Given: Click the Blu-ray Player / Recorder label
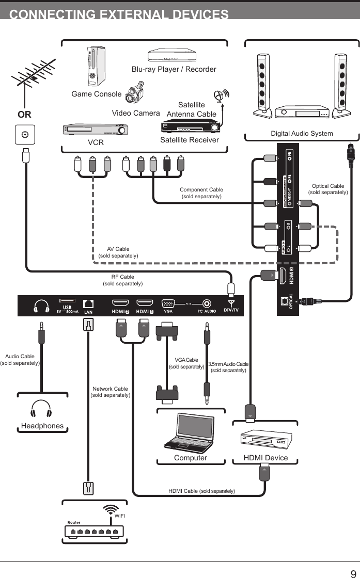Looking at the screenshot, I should (174, 69).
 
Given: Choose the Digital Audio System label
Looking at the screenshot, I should (302, 134).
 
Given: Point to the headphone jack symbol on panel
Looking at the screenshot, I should (41, 307).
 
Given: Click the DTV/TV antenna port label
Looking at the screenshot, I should (231, 310).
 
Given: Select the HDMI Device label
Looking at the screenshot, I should (265, 458).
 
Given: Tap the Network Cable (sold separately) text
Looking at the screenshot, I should (110, 392).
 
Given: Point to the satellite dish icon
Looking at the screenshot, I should (221, 97).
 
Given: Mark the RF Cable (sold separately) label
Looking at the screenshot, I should (122, 280).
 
